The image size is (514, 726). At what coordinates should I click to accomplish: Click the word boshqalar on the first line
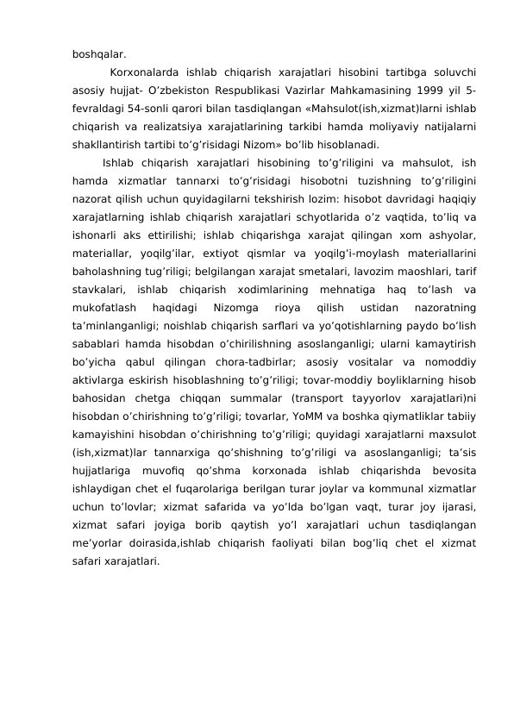(99, 53)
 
